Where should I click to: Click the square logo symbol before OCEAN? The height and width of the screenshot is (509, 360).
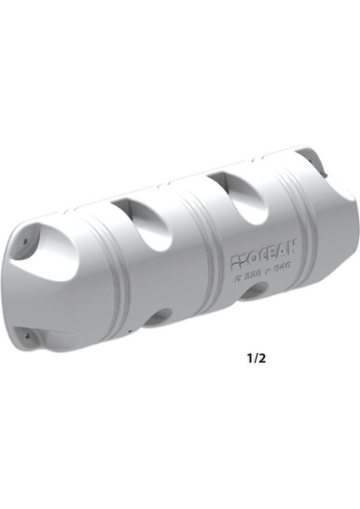[x=238, y=255]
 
